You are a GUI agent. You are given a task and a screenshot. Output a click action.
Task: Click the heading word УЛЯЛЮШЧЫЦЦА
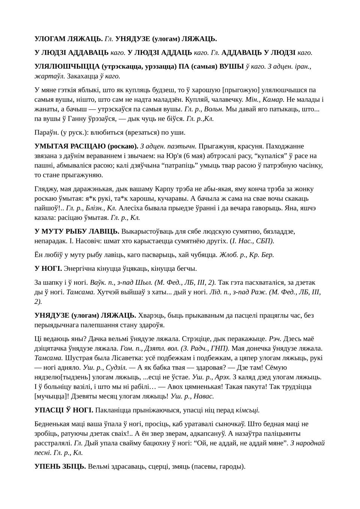[x=67, y=66]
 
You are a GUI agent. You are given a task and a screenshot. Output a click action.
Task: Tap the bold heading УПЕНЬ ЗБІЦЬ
[x=60, y=466]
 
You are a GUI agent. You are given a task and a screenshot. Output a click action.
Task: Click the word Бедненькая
[x=55, y=424]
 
